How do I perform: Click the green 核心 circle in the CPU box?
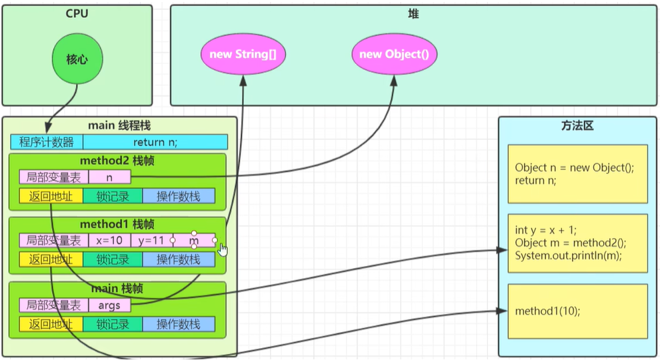(x=77, y=59)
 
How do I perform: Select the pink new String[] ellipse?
(x=243, y=54)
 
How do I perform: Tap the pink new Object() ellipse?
(x=394, y=54)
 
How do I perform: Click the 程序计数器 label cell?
(x=47, y=142)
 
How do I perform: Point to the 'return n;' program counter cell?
(x=155, y=142)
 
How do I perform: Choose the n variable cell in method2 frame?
(x=109, y=177)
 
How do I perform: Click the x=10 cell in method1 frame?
(x=109, y=241)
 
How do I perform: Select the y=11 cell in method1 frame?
(x=151, y=241)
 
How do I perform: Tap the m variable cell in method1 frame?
(x=194, y=241)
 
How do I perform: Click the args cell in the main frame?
(x=109, y=305)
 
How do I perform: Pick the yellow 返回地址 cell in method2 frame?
(x=51, y=196)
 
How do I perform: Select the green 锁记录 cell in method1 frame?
(x=113, y=259)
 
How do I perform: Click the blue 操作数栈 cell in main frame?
(x=179, y=324)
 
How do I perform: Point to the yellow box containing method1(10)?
(x=577, y=311)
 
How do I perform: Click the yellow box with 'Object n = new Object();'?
(x=577, y=174)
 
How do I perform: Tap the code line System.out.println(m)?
(x=568, y=255)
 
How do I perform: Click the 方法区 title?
(x=577, y=125)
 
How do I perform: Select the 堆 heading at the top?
(x=413, y=14)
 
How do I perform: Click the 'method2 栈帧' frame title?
(x=117, y=161)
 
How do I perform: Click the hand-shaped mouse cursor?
(x=223, y=250)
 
